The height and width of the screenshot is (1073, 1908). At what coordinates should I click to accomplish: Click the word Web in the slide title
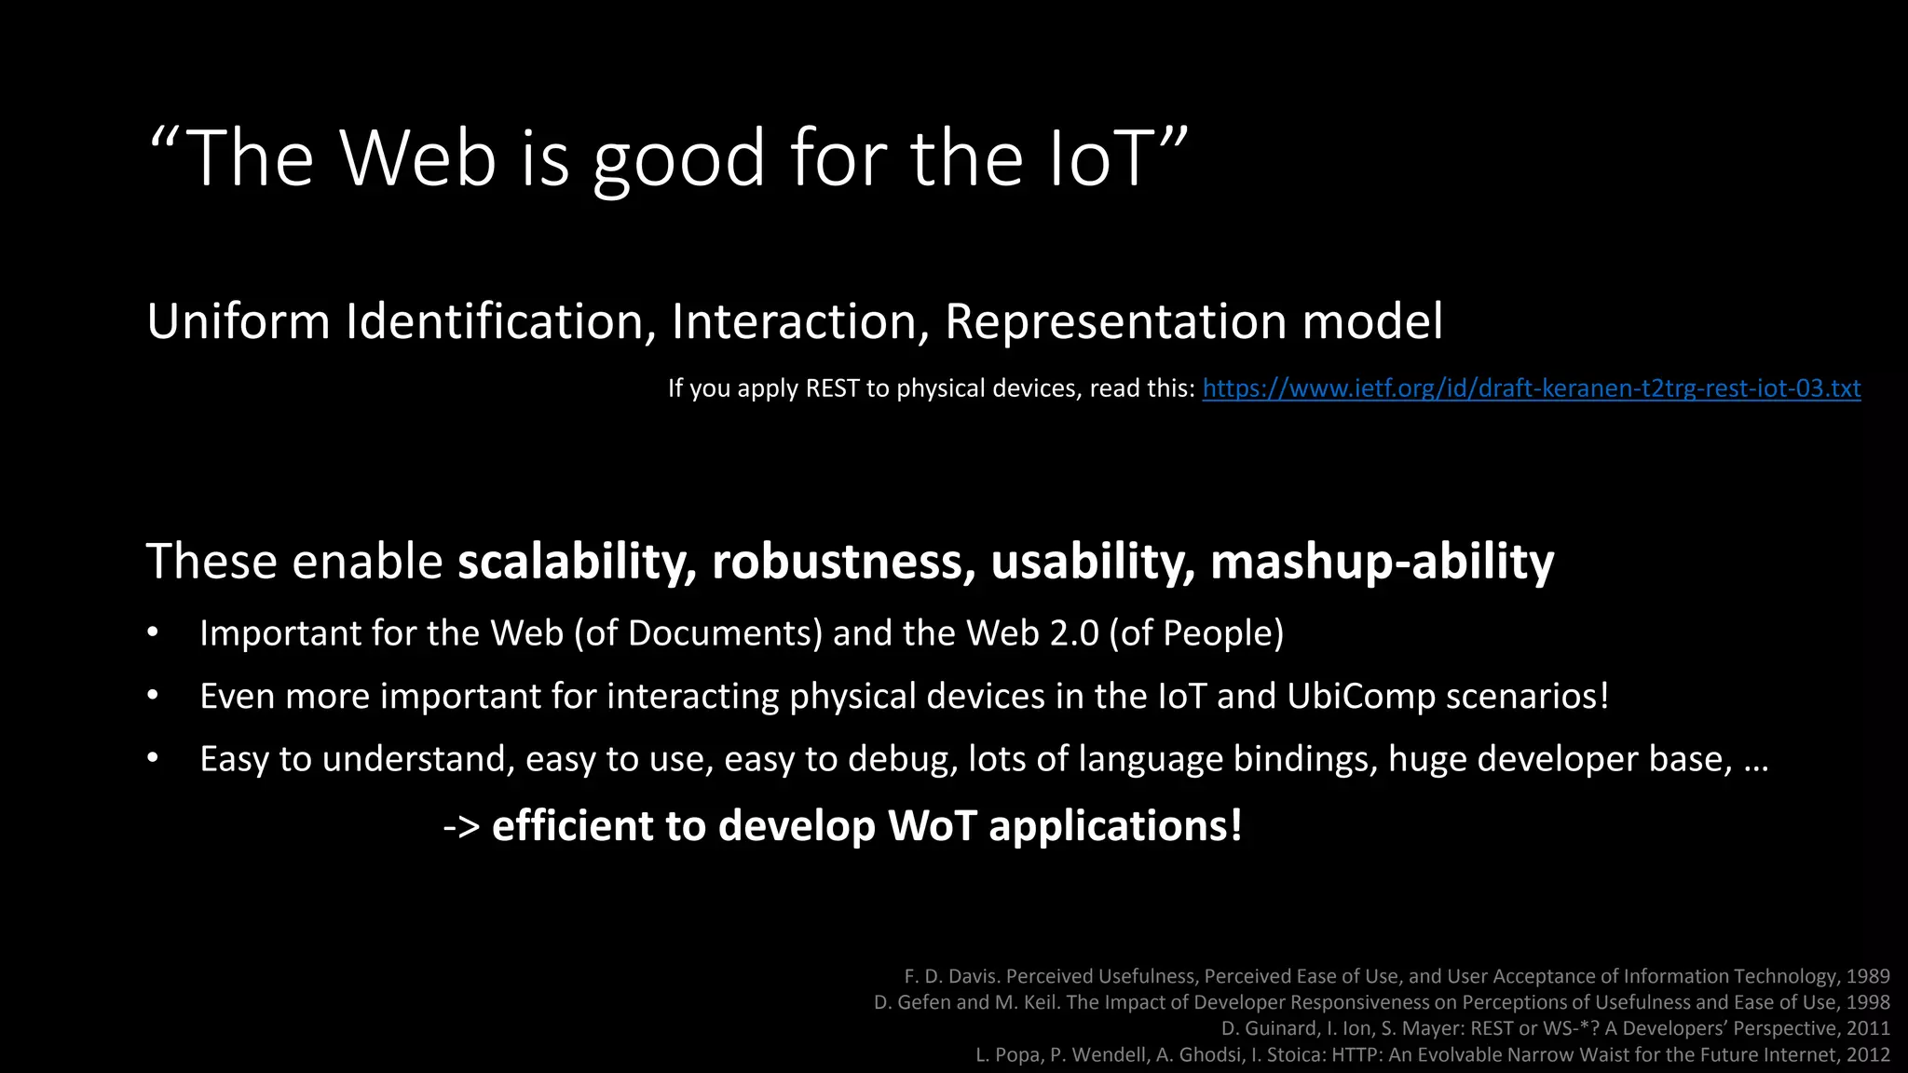[417, 158]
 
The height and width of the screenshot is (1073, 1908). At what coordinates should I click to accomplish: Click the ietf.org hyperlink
[1532, 388]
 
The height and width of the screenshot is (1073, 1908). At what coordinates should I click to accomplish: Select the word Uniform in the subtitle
[238, 321]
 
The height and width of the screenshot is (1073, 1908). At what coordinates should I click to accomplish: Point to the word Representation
[1116, 321]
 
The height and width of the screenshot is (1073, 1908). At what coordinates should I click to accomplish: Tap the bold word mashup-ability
[1382, 562]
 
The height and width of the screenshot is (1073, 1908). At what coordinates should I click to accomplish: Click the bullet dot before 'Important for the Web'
[153, 633]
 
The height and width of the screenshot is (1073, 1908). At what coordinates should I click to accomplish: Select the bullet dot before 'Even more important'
[153, 696]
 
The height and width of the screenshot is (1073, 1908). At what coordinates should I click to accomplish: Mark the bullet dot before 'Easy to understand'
[153, 758]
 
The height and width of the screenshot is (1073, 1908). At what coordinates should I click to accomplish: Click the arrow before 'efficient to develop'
[461, 826]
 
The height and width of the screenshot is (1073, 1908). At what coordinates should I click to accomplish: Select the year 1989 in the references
[1867, 976]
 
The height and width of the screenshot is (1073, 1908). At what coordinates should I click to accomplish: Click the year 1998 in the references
[1867, 1002]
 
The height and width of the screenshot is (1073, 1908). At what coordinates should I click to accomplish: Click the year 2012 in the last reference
[1867, 1054]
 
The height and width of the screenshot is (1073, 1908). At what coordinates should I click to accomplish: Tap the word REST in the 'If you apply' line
[832, 388]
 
